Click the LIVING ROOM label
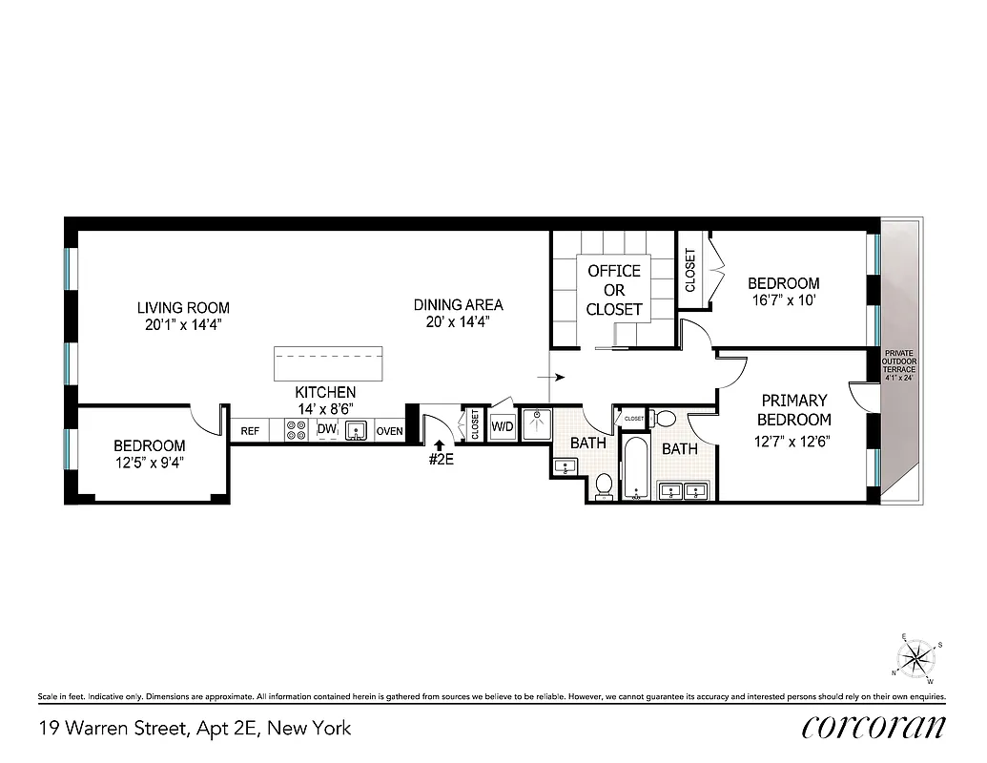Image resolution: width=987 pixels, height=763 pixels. (183, 308)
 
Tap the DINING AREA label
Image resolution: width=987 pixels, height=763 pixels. (458, 305)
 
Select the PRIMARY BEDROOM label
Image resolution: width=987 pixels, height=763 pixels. (794, 409)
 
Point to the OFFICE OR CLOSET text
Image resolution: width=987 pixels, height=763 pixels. (614, 290)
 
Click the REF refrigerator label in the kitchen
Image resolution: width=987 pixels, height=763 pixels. (250, 431)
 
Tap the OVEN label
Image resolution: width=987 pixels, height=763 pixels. (389, 431)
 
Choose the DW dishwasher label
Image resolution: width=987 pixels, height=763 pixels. (326, 430)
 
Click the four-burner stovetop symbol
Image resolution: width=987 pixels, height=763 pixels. (295, 431)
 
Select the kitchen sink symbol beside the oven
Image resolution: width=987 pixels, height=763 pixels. (357, 431)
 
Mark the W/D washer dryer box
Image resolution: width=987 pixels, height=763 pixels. (503, 426)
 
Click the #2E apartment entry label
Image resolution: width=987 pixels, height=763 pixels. (440, 458)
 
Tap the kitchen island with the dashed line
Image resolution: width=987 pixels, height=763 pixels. (328, 363)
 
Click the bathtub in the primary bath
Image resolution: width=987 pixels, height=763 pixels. (635, 470)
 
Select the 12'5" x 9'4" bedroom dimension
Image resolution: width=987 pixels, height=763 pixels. (149, 464)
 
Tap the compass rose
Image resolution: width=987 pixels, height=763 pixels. (917, 658)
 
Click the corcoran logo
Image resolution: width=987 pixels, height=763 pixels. (874, 727)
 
